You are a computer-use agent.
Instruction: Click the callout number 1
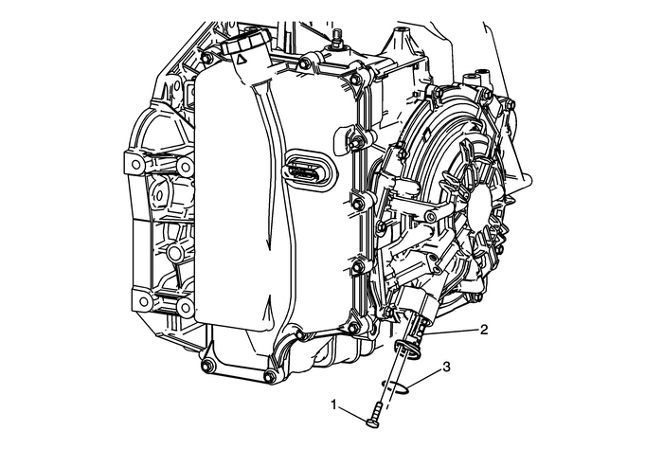(x=334, y=404)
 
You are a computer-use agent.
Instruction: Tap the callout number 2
(x=484, y=329)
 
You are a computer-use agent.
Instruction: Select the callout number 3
(x=446, y=367)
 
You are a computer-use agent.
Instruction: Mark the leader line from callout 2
(x=452, y=332)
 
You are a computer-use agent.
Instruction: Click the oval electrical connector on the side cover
(x=309, y=170)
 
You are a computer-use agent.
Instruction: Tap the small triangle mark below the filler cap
(x=241, y=59)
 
